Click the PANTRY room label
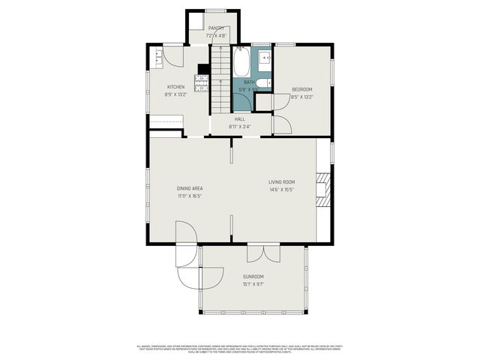[x=216, y=28]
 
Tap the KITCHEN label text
[x=175, y=87]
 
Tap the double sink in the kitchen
[x=157, y=57]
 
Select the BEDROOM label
[x=301, y=89]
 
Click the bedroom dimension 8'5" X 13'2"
[x=301, y=96]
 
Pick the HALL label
[x=240, y=119]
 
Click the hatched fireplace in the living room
[x=322, y=189]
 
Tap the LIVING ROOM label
[x=282, y=182]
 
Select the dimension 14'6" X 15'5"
[x=282, y=190]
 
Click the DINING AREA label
[x=190, y=188]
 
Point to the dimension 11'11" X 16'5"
[x=190, y=196]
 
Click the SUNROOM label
[x=253, y=277]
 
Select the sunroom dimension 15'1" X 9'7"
[x=253, y=284]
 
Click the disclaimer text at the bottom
[x=240, y=349]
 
